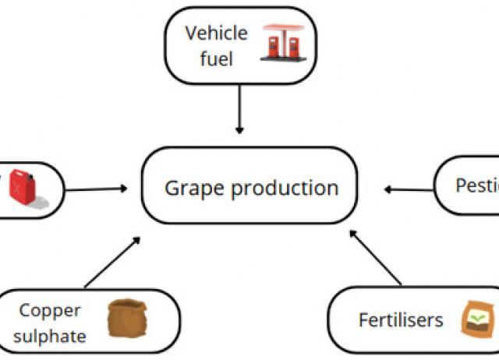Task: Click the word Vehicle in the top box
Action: pyautogui.click(x=216, y=34)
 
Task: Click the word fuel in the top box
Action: pyautogui.click(x=216, y=58)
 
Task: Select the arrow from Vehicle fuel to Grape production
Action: pyautogui.click(x=239, y=109)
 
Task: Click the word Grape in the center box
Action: pyautogui.click(x=194, y=188)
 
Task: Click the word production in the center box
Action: pyautogui.click(x=284, y=189)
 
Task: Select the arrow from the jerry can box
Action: pyautogui.click(x=97, y=188)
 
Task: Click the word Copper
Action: pyautogui.click(x=50, y=311)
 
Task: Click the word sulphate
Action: pyautogui.click(x=50, y=336)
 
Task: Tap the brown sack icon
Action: pyautogui.click(x=122, y=320)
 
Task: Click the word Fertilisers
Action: pyautogui.click(x=401, y=320)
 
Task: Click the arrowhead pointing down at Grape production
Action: pyautogui.click(x=239, y=128)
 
